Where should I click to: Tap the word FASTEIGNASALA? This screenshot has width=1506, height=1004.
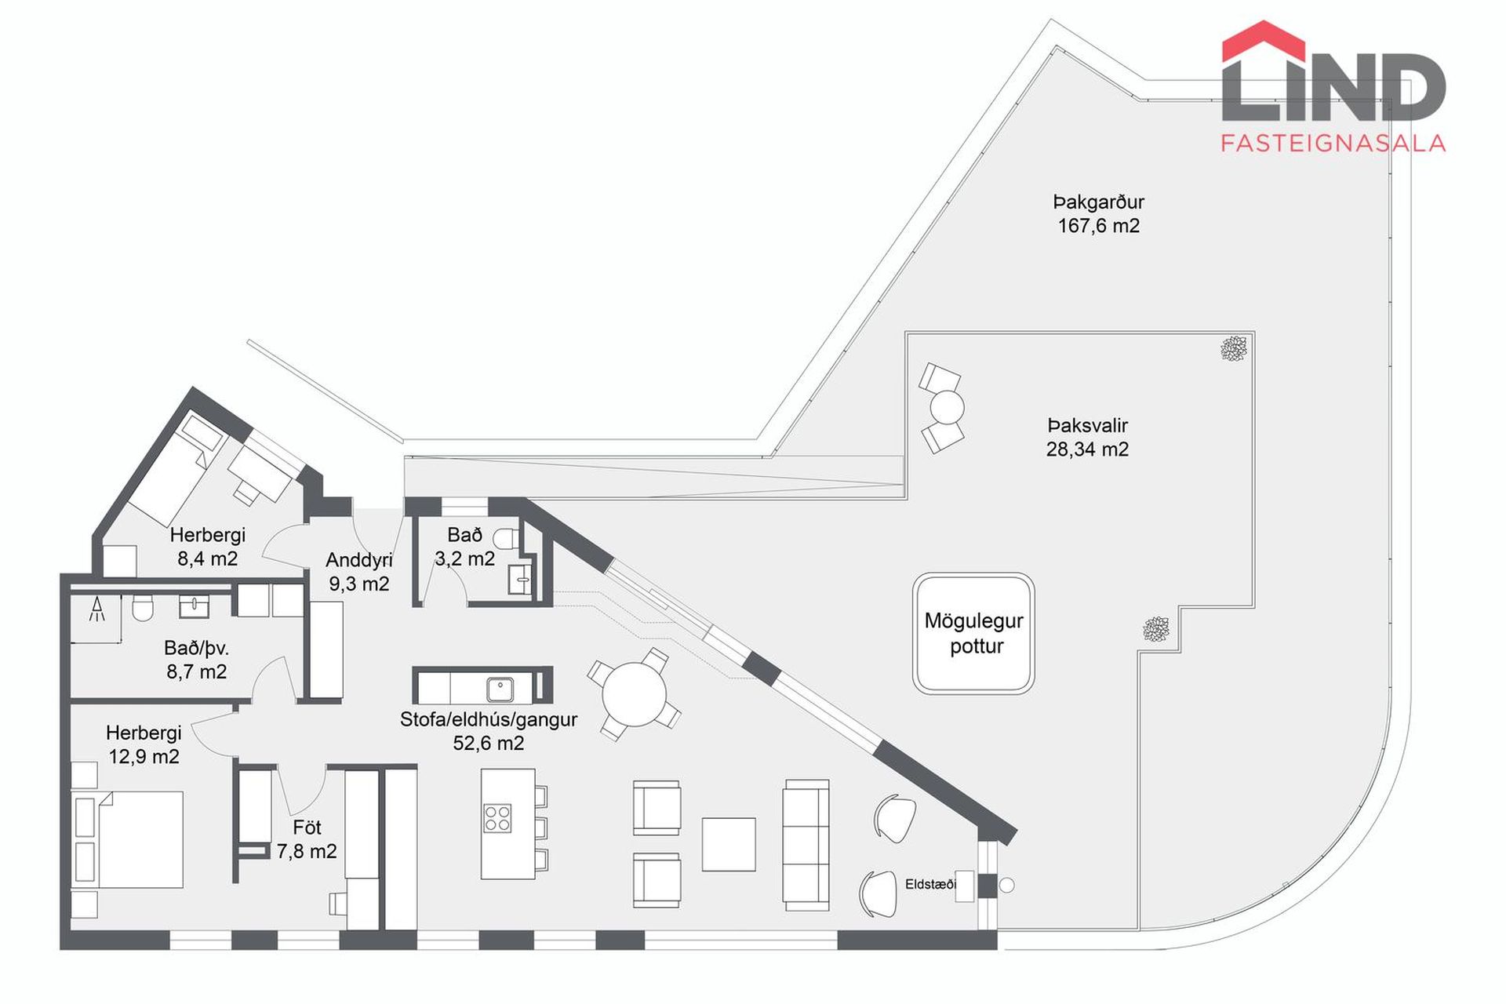tap(1333, 143)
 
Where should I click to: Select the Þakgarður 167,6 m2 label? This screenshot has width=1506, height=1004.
tap(1098, 213)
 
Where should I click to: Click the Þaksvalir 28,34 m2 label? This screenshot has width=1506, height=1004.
tap(1087, 437)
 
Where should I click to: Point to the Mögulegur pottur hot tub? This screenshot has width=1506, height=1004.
tap(973, 634)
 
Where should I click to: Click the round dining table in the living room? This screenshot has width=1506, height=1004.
tap(634, 695)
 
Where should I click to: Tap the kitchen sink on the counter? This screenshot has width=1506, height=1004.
tap(500, 689)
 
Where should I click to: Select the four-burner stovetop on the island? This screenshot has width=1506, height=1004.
tap(498, 818)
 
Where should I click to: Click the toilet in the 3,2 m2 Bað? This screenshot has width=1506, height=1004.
tap(506, 538)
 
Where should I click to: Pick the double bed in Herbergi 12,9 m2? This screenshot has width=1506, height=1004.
tap(128, 839)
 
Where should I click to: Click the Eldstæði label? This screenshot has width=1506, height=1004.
tap(930, 884)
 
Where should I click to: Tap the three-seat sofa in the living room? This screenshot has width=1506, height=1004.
tap(806, 845)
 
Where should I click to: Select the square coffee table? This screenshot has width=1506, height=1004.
tap(729, 845)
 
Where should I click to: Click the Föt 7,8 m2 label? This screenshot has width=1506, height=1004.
tap(307, 839)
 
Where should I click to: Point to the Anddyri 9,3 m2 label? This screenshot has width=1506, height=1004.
tap(359, 572)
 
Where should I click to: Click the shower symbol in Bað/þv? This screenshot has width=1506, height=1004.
tap(97, 610)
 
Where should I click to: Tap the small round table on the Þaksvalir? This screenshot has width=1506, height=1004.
tap(947, 408)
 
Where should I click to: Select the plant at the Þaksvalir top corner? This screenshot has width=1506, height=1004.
tap(1234, 348)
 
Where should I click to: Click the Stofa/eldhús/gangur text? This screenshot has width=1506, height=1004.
tap(489, 719)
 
